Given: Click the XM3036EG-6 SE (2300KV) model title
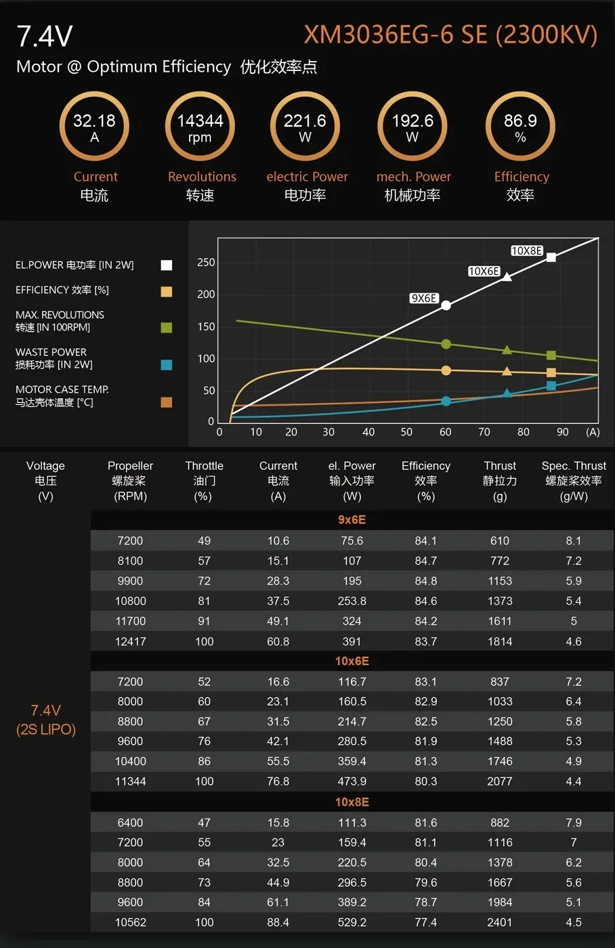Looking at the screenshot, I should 450,35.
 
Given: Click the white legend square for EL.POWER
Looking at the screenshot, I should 167,265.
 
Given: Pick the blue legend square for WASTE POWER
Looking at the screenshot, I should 167,365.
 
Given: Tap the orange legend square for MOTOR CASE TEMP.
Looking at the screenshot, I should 167,402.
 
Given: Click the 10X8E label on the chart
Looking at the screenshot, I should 526,251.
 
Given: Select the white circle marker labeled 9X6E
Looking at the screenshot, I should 446,305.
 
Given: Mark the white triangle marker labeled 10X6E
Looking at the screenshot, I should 507,276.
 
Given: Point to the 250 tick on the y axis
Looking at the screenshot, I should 206,263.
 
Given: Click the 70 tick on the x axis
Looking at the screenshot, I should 484,432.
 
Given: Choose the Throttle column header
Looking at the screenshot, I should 204,480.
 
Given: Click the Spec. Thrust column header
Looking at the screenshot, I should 574,480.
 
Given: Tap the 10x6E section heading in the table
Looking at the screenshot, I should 352,661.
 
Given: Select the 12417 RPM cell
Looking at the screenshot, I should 130,641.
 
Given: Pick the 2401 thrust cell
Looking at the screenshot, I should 500,922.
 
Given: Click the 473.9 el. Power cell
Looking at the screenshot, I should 352,781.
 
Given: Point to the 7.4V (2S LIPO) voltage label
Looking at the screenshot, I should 45,720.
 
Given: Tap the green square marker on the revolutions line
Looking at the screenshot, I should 551,355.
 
